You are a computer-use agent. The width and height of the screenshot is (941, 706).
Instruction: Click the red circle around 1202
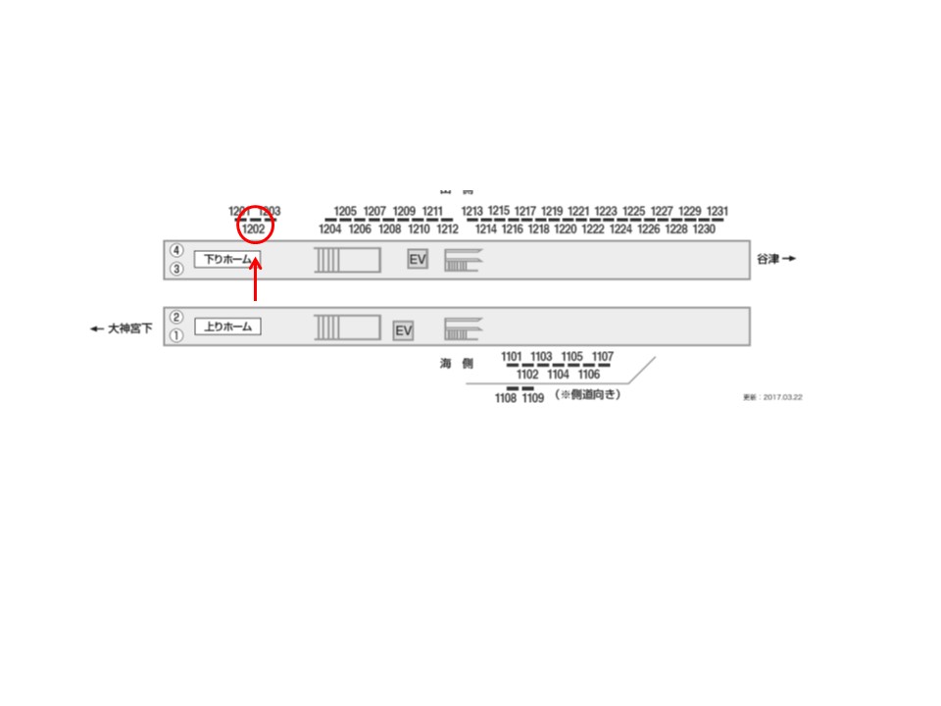click(254, 224)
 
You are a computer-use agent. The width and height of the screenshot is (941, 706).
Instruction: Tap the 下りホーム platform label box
click(227, 260)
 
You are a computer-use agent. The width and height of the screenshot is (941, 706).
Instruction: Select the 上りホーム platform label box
click(227, 327)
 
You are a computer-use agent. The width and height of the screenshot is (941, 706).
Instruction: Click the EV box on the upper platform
click(418, 259)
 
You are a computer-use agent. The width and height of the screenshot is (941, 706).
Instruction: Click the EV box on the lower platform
click(403, 331)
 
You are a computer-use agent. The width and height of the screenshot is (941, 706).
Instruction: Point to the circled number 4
click(176, 250)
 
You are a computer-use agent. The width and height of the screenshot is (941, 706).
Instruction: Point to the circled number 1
click(176, 335)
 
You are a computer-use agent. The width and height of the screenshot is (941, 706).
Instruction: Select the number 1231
click(718, 211)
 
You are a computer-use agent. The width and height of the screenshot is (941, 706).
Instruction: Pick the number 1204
click(329, 229)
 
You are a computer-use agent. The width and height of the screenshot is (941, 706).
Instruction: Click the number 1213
click(472, 211)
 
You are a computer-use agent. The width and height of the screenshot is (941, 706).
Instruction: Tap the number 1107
click(604, 356)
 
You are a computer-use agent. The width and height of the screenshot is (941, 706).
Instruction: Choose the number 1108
click(506, 398)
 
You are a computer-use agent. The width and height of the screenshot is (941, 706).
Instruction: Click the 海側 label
click(456, 363)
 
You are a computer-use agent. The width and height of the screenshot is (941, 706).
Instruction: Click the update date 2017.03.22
click(772, 398)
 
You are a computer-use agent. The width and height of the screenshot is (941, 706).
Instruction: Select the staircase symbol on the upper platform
click(462, 259)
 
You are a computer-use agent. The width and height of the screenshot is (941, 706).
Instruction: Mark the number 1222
click(592, 229)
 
